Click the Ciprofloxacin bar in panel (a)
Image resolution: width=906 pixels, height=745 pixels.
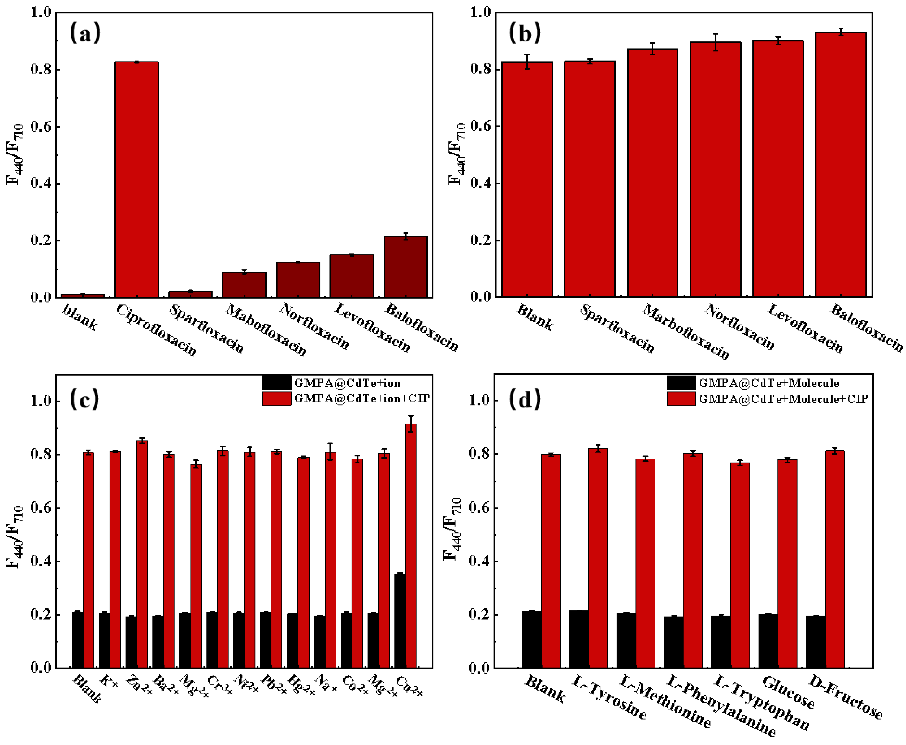click(x=136, y=180)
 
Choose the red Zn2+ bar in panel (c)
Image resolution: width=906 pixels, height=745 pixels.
click(x=142, y=554)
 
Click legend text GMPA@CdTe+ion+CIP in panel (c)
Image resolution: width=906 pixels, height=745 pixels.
click(x=361, y=398)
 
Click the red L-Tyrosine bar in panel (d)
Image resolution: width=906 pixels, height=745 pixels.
click(x=598, y=558)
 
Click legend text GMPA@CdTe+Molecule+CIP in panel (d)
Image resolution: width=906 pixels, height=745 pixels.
click(x=783, y=399)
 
